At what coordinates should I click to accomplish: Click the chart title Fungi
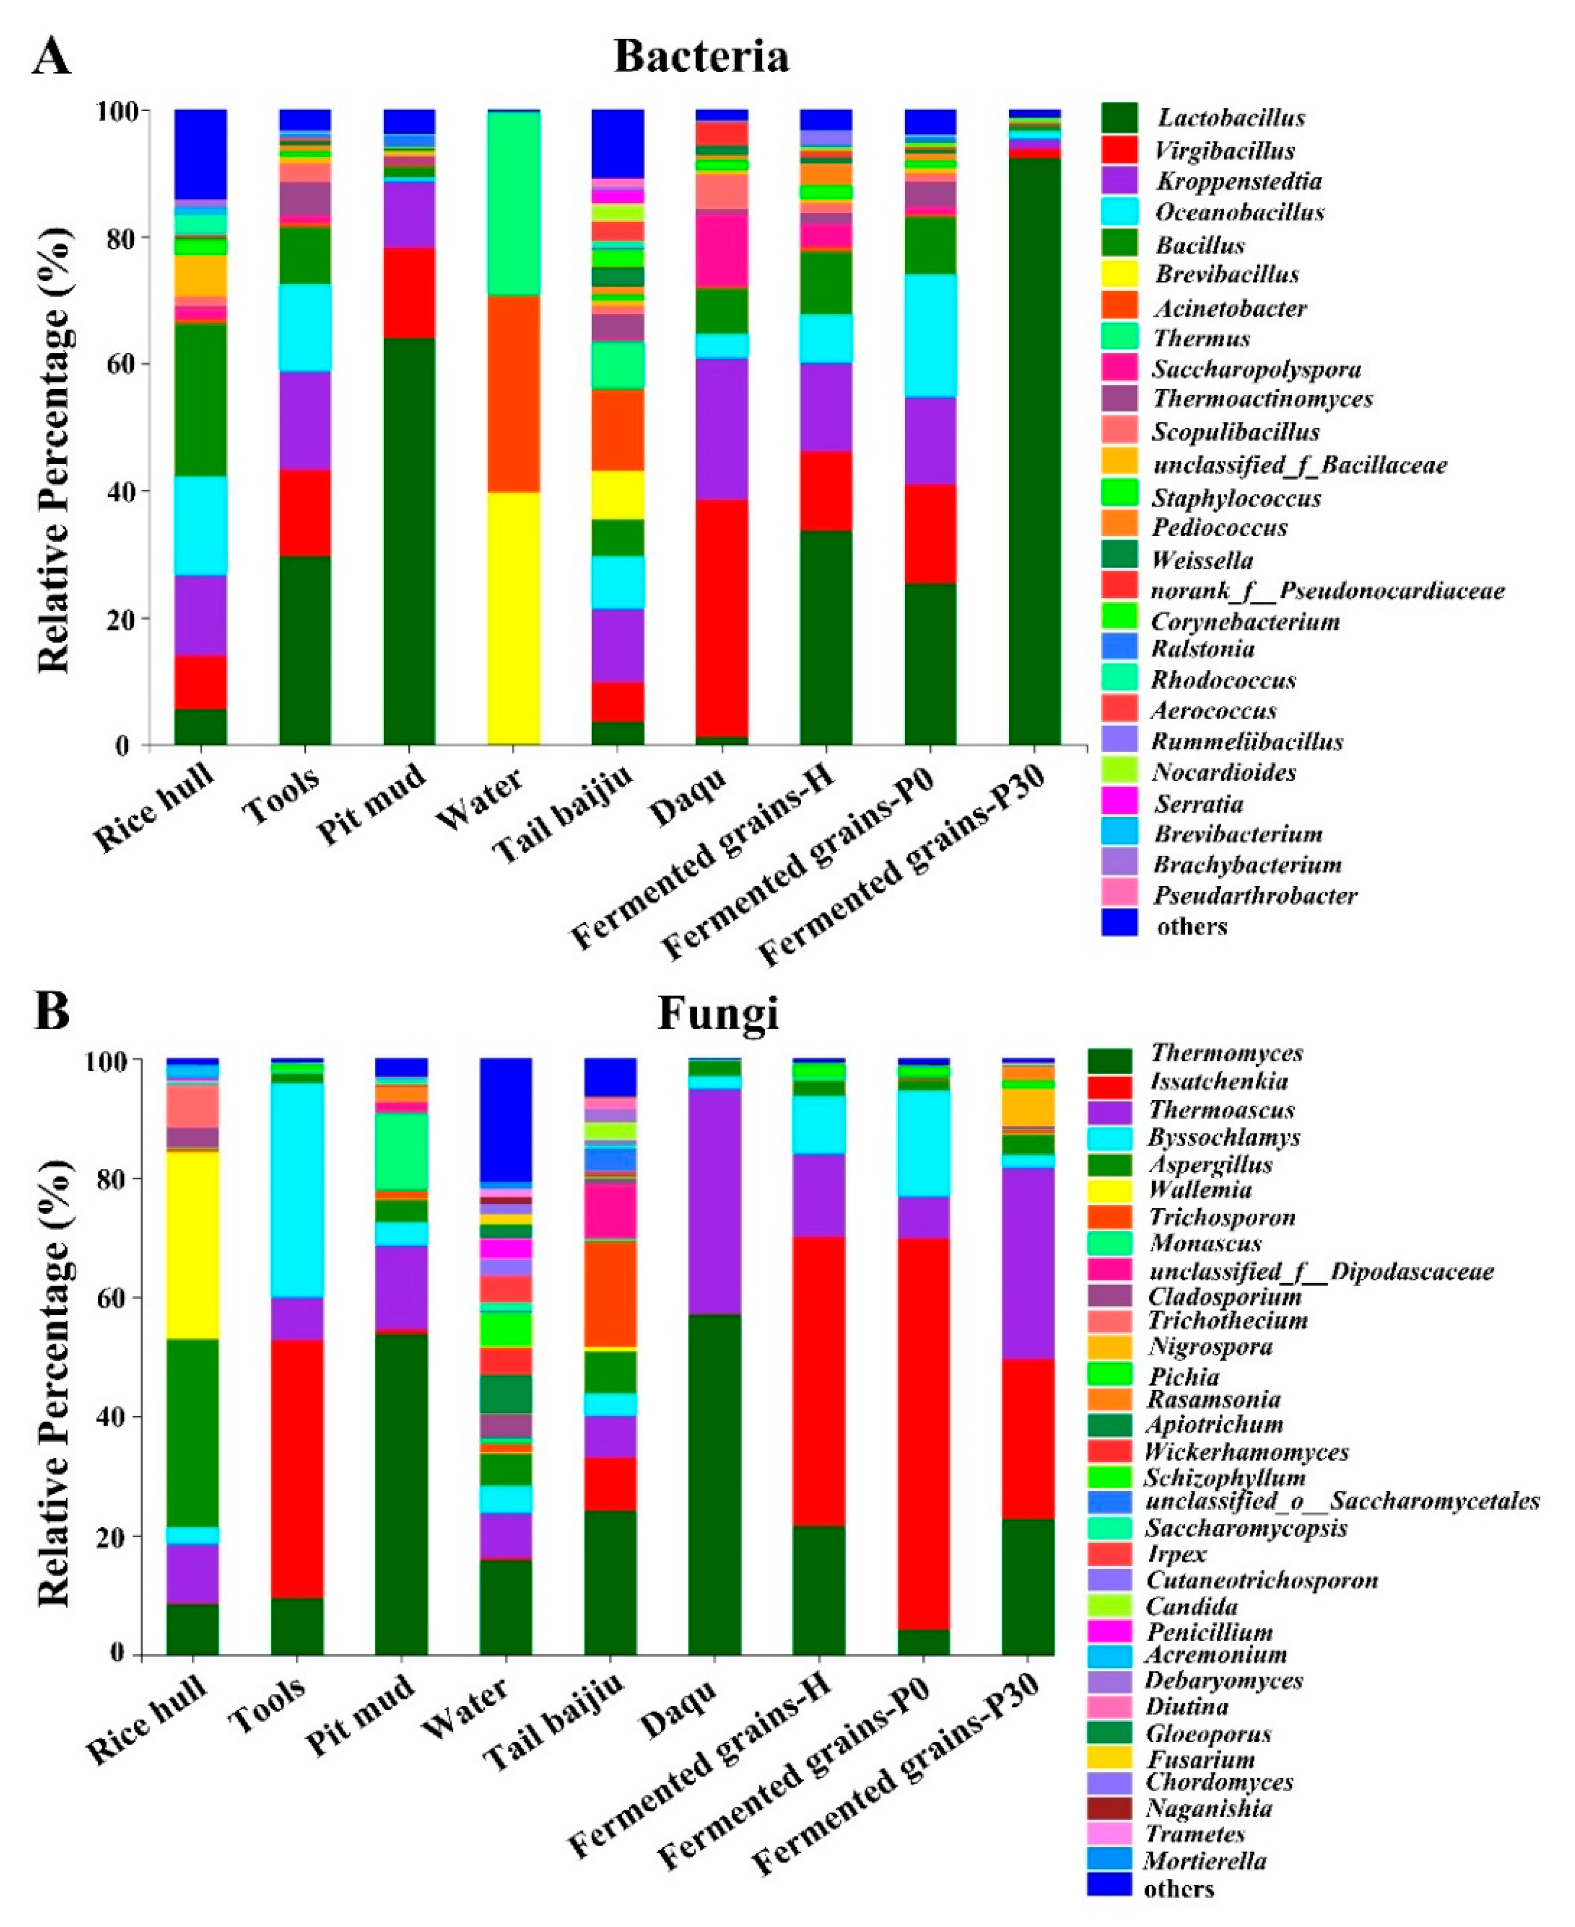tap(717, 1013)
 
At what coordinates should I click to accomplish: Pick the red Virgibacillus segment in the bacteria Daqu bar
tap(722, 617)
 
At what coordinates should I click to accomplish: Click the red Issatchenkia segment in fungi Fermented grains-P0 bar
tap(924, 1433)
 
